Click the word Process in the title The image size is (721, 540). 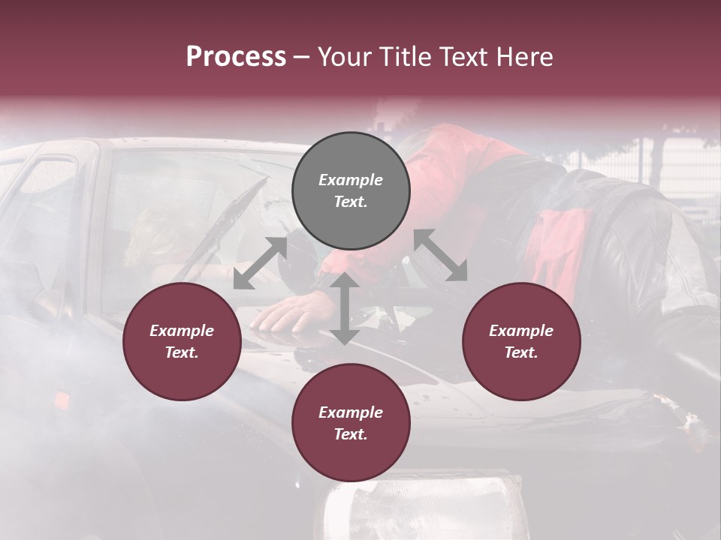[236, 57]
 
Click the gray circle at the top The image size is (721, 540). [351, 191]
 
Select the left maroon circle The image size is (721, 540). [182, 342]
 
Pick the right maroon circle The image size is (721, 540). [521, 342]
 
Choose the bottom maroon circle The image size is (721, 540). [351, 423]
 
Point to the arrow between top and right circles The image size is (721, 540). [440, 255]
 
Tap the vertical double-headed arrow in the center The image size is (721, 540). [344, 308]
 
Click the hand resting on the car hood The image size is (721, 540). [290, 312]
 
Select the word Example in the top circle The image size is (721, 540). [351, 180]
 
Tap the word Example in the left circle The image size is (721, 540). [182, 331]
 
